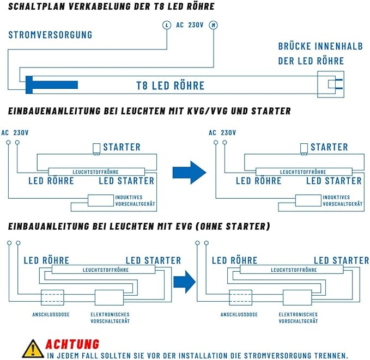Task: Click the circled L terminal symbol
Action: tap(168, 25)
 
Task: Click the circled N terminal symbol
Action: tap(214, 25)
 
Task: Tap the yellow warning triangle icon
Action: tap(33, 349)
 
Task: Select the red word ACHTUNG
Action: tap(72, 344)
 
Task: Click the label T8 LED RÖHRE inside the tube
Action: tap(170, 86)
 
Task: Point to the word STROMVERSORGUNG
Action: tap(50, 35)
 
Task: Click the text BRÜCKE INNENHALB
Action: tap(320, 47)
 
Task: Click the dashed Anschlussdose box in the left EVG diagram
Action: tap(53, 298)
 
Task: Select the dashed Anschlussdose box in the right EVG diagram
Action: tap(240, 298)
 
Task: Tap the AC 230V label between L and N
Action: tap(190, 25)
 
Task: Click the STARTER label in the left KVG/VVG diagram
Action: tap(122, 147)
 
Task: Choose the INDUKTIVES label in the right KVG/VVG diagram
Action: tap(335, 197)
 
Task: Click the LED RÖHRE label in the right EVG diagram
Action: tap(234, 260)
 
